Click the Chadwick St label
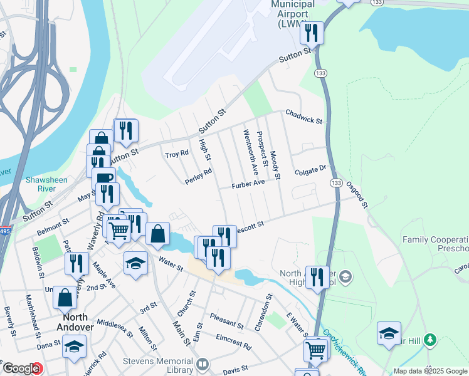(x=303, y=116)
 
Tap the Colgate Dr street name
(x=311, y=169)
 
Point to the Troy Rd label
(x=176, y=154)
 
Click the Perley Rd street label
(x=198, y=176)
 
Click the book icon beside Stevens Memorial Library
(x=203, y=364)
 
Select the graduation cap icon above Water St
(x=135, y=264)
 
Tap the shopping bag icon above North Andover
(x=65, y=297)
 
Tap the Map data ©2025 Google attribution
(x=430, y=371)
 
